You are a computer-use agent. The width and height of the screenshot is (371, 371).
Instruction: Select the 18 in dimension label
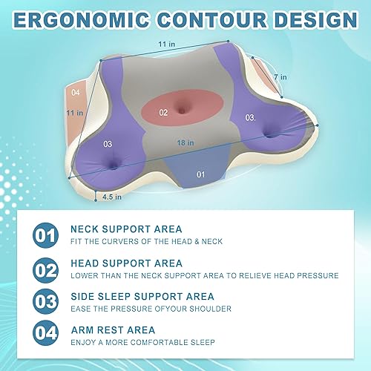coord(185,142)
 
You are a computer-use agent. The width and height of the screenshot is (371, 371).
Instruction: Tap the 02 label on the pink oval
coord(163,112)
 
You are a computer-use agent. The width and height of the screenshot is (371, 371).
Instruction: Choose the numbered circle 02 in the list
coord(44,269)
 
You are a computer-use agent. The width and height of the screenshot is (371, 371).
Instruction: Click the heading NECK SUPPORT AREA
coord(126,229)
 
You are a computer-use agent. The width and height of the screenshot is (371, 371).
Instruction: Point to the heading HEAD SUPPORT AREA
coord(126,263)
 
